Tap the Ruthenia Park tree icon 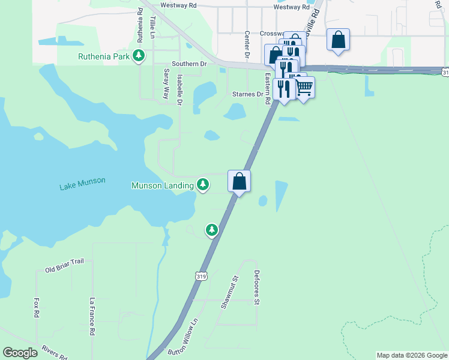139,56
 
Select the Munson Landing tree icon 203,184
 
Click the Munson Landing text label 163,185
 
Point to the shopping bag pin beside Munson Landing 239,181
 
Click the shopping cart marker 304,88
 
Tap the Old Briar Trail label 68,265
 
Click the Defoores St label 256,290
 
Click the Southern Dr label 188,63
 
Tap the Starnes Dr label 247,94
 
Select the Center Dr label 247,45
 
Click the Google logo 20,353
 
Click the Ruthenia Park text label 104,57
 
